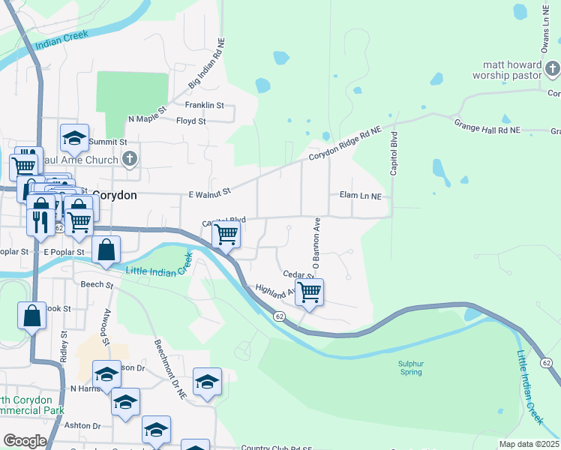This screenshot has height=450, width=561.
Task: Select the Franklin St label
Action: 205,106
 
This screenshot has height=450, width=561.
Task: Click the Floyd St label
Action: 190,121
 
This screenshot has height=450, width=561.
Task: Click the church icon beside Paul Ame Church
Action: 130,159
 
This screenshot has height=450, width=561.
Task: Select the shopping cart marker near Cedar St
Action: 309,292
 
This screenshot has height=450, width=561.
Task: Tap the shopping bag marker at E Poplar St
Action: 106,250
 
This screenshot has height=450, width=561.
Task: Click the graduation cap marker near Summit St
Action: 75,137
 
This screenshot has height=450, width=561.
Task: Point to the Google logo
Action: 25,441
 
